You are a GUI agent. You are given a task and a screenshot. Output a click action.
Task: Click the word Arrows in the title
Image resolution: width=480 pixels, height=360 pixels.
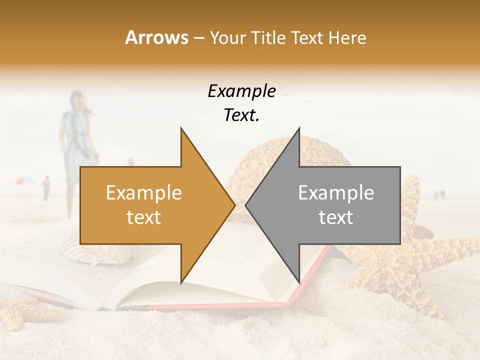[x=156, y=37]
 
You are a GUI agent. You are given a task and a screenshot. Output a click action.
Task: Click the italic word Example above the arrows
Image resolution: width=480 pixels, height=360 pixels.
[x=241, y=91]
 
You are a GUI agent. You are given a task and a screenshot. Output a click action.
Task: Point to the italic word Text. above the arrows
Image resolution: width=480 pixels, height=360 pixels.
[x=241, y=115]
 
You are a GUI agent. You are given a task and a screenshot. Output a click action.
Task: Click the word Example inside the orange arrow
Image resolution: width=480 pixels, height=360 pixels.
[x=144, y=192]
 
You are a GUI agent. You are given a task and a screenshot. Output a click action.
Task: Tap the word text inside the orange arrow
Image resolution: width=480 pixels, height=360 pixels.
[x=144, y=217]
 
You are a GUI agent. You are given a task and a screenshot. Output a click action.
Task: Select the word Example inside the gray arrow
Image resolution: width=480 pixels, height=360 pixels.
[x=336, y=192]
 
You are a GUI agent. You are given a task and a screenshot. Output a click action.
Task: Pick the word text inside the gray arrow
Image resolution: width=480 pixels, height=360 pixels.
[x=336, y=217]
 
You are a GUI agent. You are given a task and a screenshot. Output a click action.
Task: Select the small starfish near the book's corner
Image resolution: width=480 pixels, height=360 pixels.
[x=15, y=305]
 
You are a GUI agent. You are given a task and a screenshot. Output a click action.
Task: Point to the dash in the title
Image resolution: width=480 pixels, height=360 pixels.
[x=198, y=37]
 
